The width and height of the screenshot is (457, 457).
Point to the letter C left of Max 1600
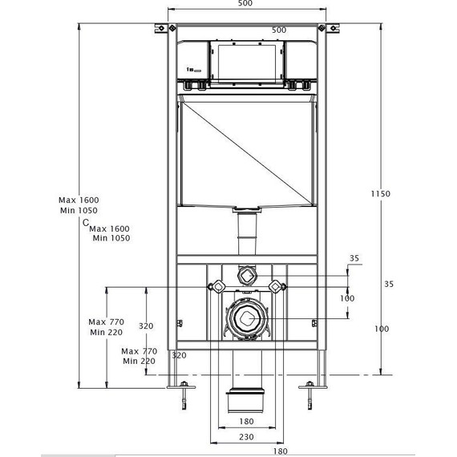(85, 224)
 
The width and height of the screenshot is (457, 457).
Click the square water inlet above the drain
(245, 274)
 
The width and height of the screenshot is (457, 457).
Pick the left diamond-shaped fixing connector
(216, 285)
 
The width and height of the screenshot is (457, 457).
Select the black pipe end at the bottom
(245, 398)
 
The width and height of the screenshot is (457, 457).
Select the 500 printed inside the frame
(278, 30)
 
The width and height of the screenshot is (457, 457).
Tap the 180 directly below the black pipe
(245, 421)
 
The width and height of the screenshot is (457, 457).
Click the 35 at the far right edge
(388, 283)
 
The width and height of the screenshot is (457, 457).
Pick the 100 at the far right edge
(382, 328)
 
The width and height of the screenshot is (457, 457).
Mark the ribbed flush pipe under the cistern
(245, 237)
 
